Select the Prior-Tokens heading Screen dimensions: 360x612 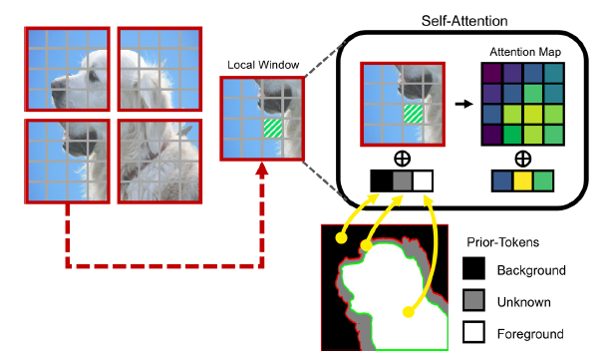click(505, 241)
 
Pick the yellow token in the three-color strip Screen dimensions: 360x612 click(521, 181)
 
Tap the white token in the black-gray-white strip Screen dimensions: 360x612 click(424, 181)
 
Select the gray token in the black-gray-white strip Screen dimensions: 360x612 click(402, 181)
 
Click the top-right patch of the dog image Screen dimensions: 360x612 click(158, 69)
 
